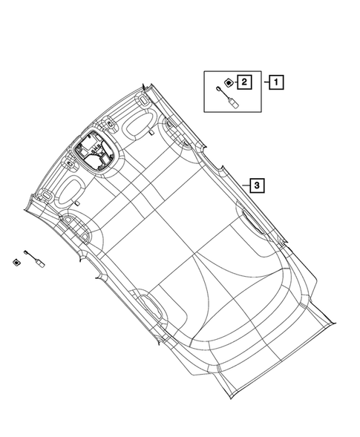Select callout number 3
point(255,185)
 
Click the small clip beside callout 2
point(229,82)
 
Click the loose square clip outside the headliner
point(16,260)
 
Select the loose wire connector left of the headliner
point(34,256)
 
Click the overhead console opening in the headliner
point(93,151)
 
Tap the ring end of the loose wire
point(27,251)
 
